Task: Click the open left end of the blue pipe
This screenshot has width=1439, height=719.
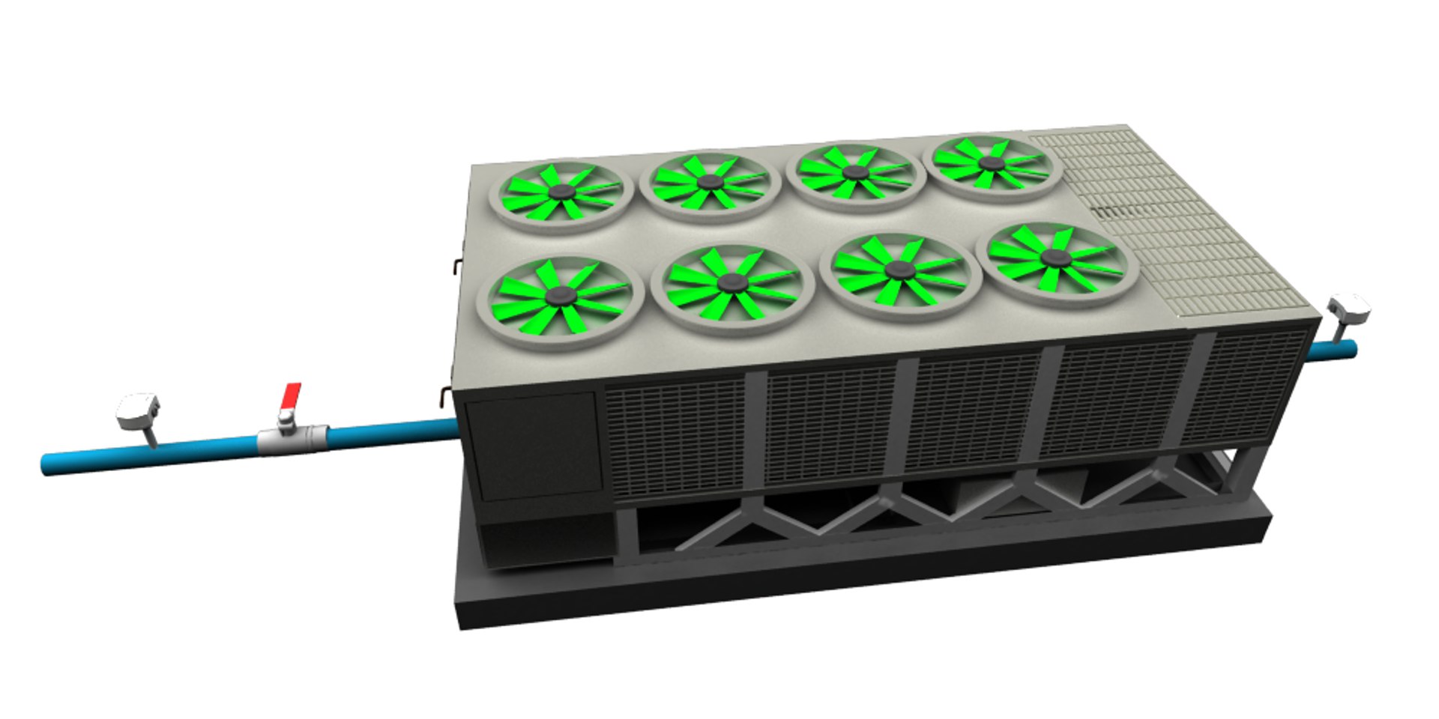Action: [46, 464]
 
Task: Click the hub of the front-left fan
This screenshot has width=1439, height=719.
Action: [558, 297]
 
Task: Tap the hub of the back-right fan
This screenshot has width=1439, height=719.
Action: [992, 163]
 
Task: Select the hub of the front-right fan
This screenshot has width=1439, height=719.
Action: [1056, 258]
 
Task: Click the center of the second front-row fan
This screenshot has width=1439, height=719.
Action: [731, 282]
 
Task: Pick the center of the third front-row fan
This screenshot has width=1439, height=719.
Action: [898, 270]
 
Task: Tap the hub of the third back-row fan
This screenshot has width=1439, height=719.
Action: [854, 172]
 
